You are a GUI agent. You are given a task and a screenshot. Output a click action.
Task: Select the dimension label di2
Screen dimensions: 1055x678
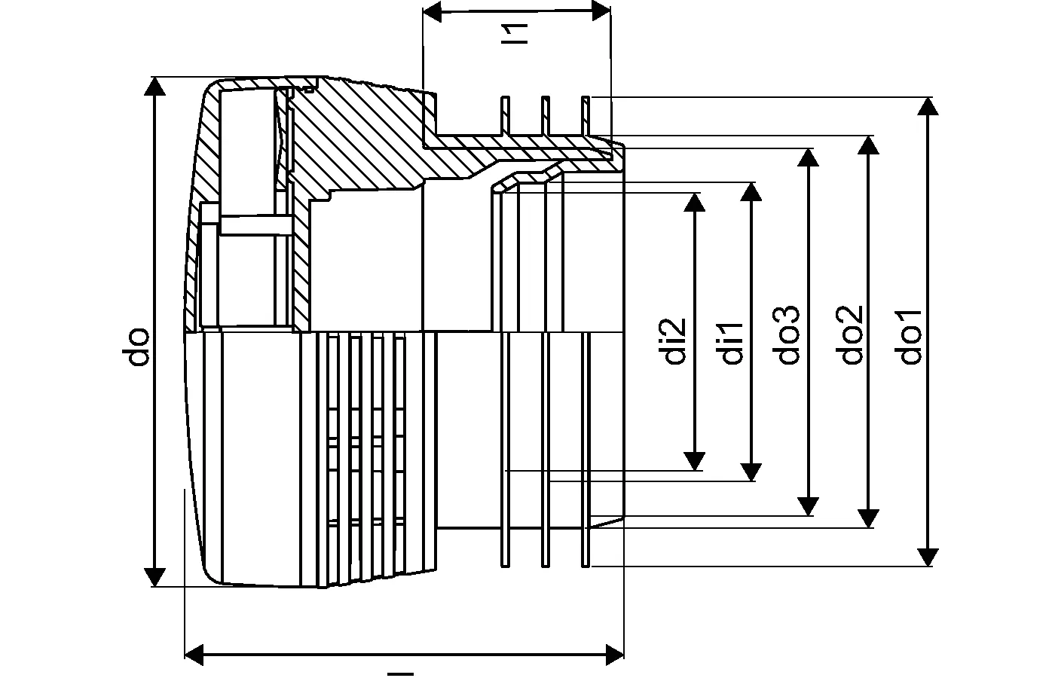675,341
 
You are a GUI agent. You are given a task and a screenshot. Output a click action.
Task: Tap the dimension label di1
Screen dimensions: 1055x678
732,344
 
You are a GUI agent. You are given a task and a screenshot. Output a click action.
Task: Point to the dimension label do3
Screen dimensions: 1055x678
788,334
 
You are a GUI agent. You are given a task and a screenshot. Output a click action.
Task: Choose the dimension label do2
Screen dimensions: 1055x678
852,334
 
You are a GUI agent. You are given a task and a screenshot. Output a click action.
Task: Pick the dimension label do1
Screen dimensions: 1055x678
910,337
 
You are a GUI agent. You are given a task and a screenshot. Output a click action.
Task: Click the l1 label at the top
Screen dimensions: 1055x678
515,34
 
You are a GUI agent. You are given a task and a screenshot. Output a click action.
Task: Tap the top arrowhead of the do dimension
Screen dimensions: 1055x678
154,86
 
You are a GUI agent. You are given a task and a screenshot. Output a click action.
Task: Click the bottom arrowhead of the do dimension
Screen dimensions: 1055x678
154,577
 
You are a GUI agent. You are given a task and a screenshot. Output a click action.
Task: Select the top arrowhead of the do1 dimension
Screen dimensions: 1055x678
928,106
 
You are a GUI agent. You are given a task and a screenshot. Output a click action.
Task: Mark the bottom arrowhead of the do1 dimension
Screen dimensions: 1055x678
928,557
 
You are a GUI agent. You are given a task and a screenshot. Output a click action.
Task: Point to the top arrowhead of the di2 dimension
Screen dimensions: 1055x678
694,202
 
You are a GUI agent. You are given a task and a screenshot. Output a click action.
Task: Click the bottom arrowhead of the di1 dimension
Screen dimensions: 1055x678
751,472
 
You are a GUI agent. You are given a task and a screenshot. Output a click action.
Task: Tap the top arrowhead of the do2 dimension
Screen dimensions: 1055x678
868,145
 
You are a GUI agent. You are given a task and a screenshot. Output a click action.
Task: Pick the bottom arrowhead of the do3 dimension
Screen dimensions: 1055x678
808,506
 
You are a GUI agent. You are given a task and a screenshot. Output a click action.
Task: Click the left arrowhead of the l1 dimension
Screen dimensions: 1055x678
433,11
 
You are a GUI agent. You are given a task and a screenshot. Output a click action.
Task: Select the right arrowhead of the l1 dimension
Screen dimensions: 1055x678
601,11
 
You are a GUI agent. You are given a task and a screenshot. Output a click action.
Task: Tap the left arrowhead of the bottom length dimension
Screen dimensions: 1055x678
194,655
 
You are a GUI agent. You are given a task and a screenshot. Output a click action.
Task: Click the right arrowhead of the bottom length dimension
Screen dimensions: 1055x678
614,655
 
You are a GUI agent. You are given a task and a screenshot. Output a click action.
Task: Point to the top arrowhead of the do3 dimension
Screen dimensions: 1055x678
808,157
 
